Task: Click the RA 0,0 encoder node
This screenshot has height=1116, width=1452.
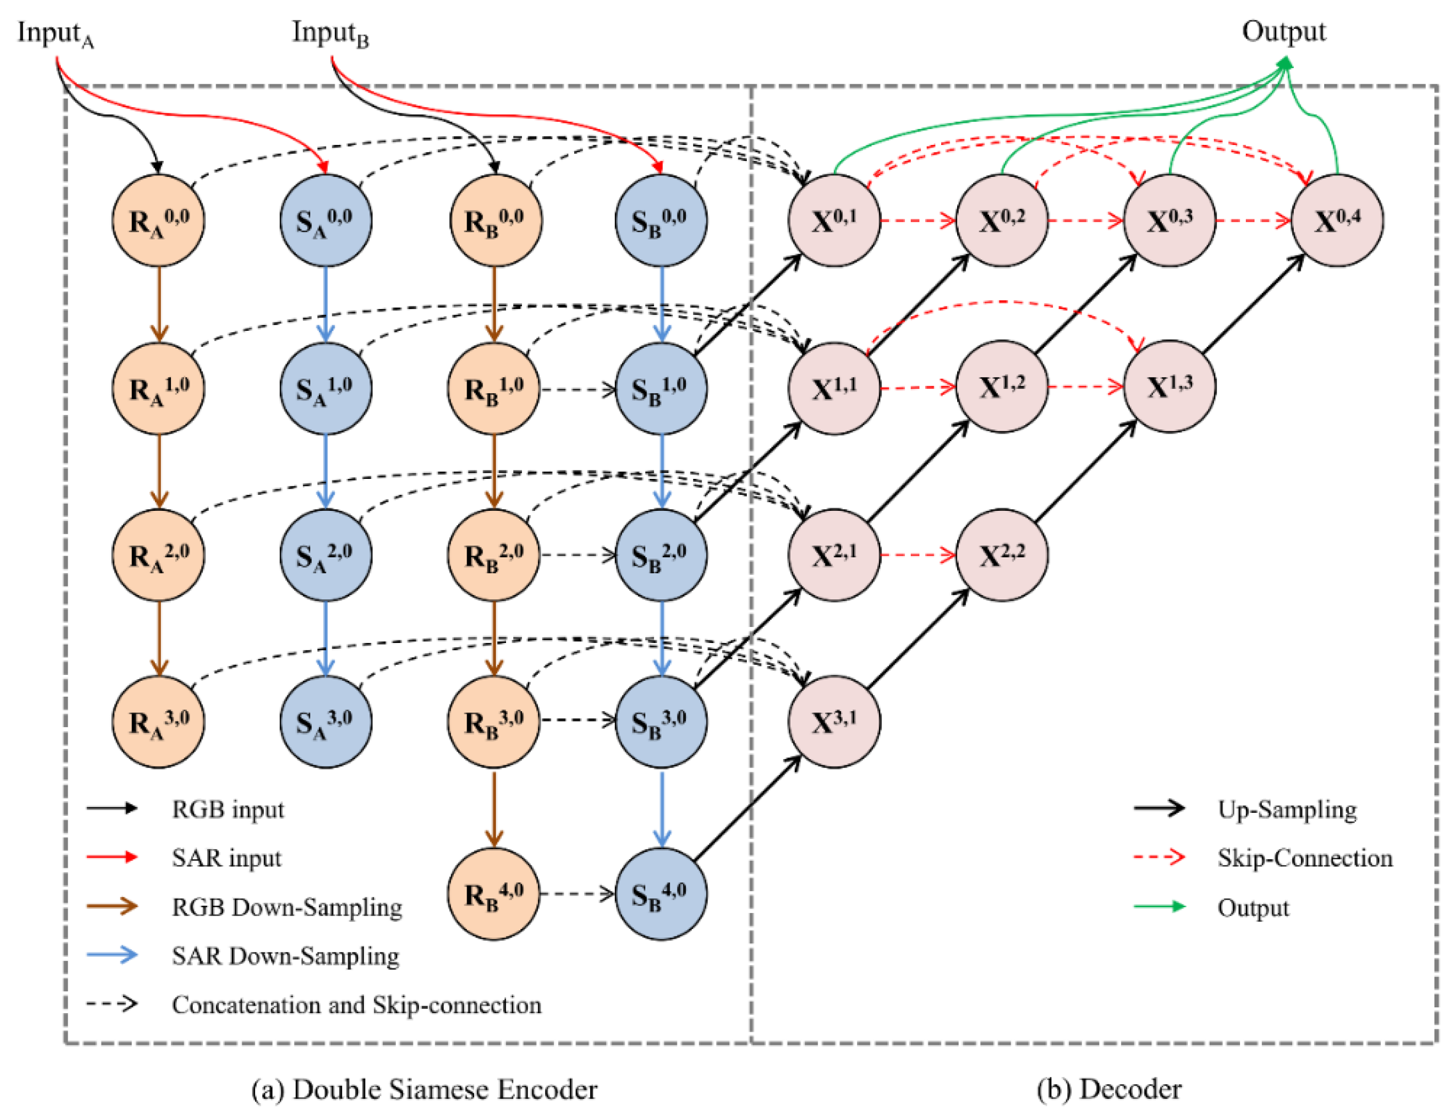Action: (x=158, y=220)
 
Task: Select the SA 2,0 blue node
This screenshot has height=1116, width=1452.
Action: (x=325, y=555)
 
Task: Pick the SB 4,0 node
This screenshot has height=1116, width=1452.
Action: (x=660, y=893)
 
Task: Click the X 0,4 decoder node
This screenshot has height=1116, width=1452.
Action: (x=1336, y=220)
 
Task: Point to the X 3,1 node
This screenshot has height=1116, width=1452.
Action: (x=834, y=721)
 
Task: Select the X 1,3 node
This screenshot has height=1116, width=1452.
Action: (x=1169, y=387)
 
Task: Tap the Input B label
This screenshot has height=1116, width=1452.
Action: (x=330, y=33)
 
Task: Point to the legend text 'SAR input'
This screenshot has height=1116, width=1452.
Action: (x=226, y=858)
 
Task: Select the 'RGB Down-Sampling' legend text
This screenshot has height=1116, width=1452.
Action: (x=287, y=907)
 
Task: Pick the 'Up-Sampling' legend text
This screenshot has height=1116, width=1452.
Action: (x=1286, y=809)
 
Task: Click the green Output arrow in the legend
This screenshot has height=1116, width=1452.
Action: (x=1159, y=907)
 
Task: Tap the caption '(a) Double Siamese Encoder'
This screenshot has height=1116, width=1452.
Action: (x=424, y=1089)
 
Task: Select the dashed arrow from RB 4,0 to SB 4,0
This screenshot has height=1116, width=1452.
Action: (x=576, y=894)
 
